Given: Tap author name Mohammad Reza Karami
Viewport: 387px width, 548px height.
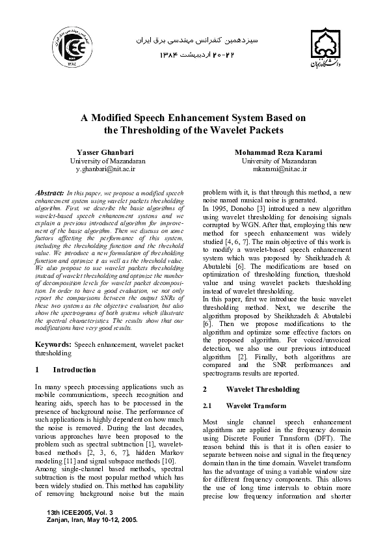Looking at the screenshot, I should [x=279, y=152].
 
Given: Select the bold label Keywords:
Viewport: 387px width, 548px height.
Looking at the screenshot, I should [x=53, y=343].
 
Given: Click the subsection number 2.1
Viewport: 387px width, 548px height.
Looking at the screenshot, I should [x=208, y=405].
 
